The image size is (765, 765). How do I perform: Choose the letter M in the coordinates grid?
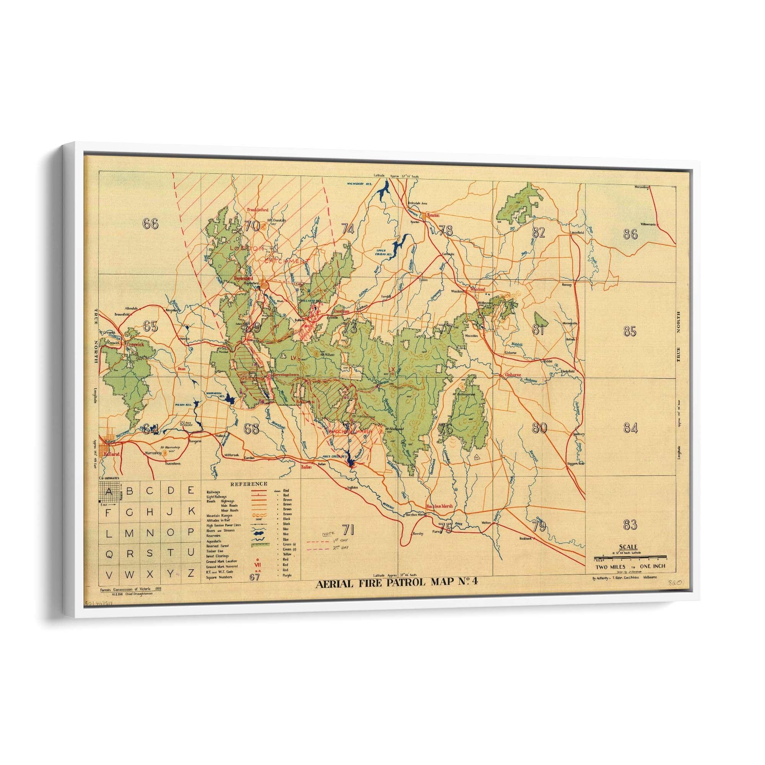pos(129,533)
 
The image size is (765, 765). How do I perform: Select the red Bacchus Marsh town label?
pos(439,506)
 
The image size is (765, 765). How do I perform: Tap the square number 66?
pos(151,224)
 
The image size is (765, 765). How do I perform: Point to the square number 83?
pos(630,525)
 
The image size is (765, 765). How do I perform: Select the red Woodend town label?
pos(477,290)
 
